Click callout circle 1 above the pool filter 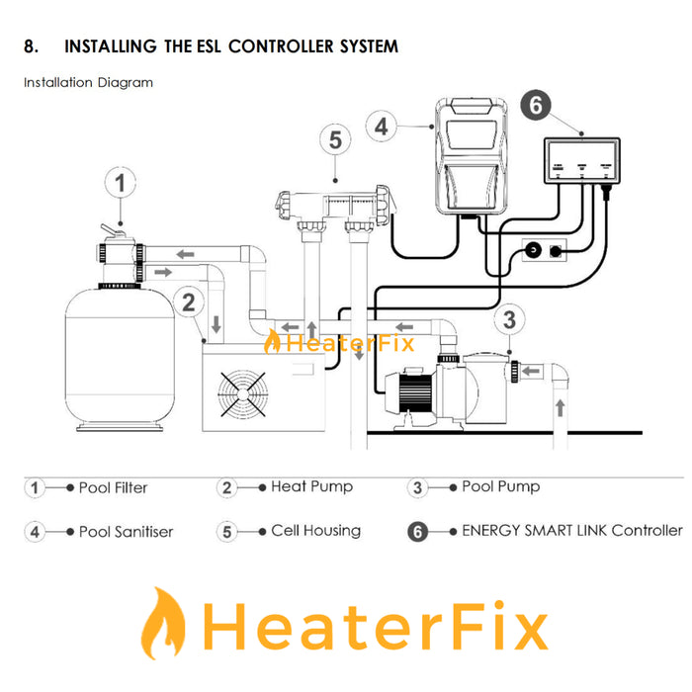click(121, 184)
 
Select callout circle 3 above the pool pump click(508, 319)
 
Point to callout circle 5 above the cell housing click(335, 140)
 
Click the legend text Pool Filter click(113, 488)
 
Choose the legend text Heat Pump click(311, 486)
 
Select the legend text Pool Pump click(500, 486)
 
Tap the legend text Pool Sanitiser click(126, 532)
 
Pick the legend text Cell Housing click(314, 531)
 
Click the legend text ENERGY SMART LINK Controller click(571, 531)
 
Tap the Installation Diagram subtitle click(88, 83)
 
